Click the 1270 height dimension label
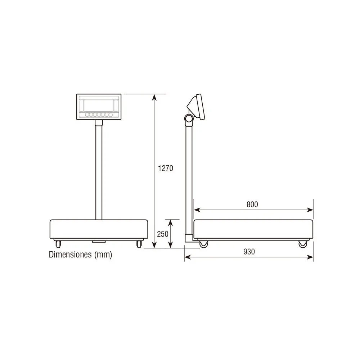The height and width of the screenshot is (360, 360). (x=166, y=168)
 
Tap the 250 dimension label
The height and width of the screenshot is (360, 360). (x=163, y=234)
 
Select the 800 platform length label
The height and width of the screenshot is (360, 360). (x=252, y=204)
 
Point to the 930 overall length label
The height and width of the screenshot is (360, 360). (x=249, y=252)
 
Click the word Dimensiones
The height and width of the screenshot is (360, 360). (x=71, y=255)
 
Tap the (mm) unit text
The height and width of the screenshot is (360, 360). (x=103, y=255)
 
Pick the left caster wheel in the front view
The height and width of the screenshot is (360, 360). (x=58, y=244)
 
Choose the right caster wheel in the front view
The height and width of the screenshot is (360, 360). (x=139, y=244)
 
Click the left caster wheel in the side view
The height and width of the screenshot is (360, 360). (x=203, y=244)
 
